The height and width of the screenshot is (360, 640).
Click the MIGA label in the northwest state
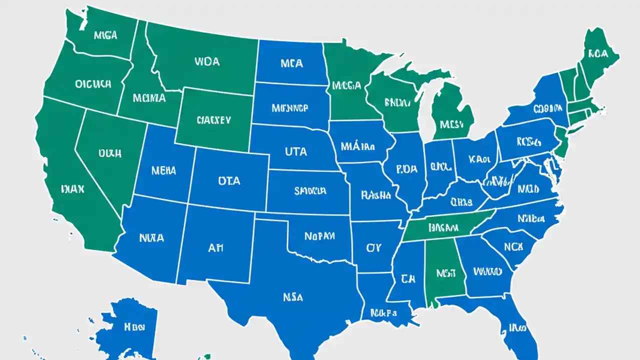pos(105,35)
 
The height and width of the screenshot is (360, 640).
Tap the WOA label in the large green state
pos(206,62)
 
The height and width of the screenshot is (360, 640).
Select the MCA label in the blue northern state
pos(291,63)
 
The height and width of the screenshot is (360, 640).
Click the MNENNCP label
pos(290,107)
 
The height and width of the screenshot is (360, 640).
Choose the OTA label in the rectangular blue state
pos(229,181)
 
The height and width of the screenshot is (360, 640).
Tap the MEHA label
pos(163,171)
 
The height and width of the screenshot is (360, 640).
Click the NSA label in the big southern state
pos(292,297)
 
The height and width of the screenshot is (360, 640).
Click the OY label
pos(373,247)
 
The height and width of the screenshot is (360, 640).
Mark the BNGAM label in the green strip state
pos(443,227)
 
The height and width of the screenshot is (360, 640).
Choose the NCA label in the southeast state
pos(513,247)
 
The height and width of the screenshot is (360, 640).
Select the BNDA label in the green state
pos(397,103)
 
